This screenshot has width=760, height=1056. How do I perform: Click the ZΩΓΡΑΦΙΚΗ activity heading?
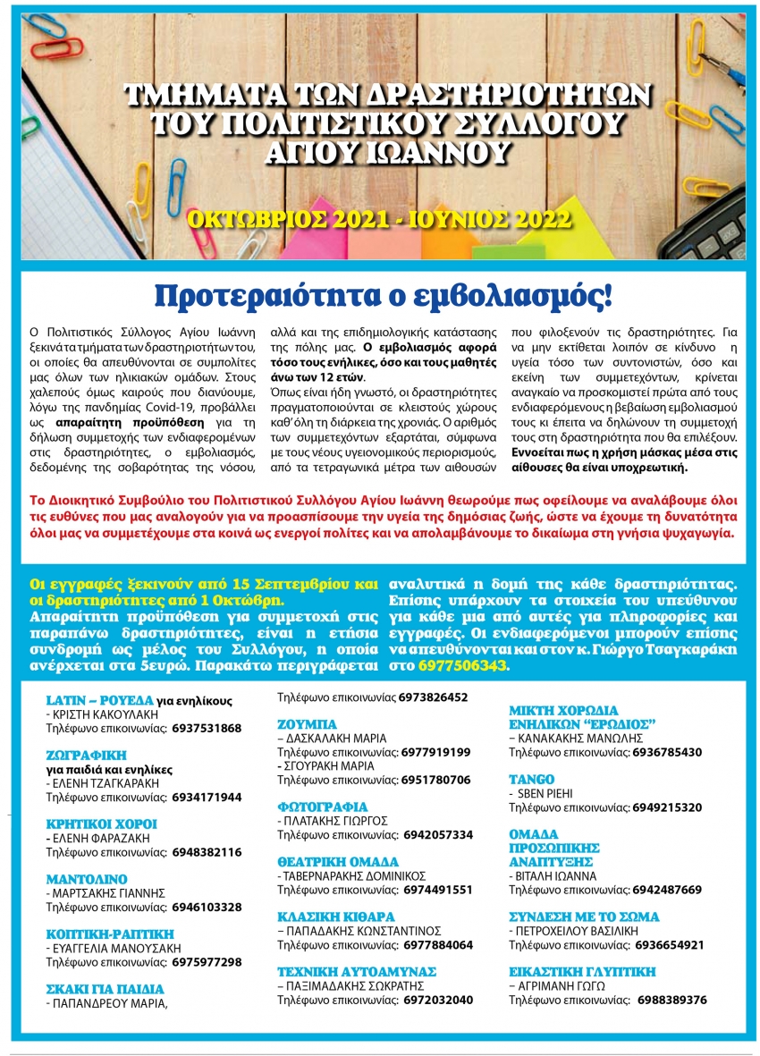(x=87, y=755)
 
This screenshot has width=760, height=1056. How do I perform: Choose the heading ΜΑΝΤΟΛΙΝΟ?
(x=87, y=879)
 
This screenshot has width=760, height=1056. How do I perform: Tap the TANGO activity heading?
(x=531, y=780)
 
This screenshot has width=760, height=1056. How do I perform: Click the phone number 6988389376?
(x=670, y=1000)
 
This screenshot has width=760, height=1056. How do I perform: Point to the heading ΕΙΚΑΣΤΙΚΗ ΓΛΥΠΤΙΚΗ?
(x=582, y=972)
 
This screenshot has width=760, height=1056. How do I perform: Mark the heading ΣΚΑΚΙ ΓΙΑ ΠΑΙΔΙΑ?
(x=106, y=989)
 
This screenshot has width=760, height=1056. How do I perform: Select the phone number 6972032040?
(x=437, y=1000)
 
